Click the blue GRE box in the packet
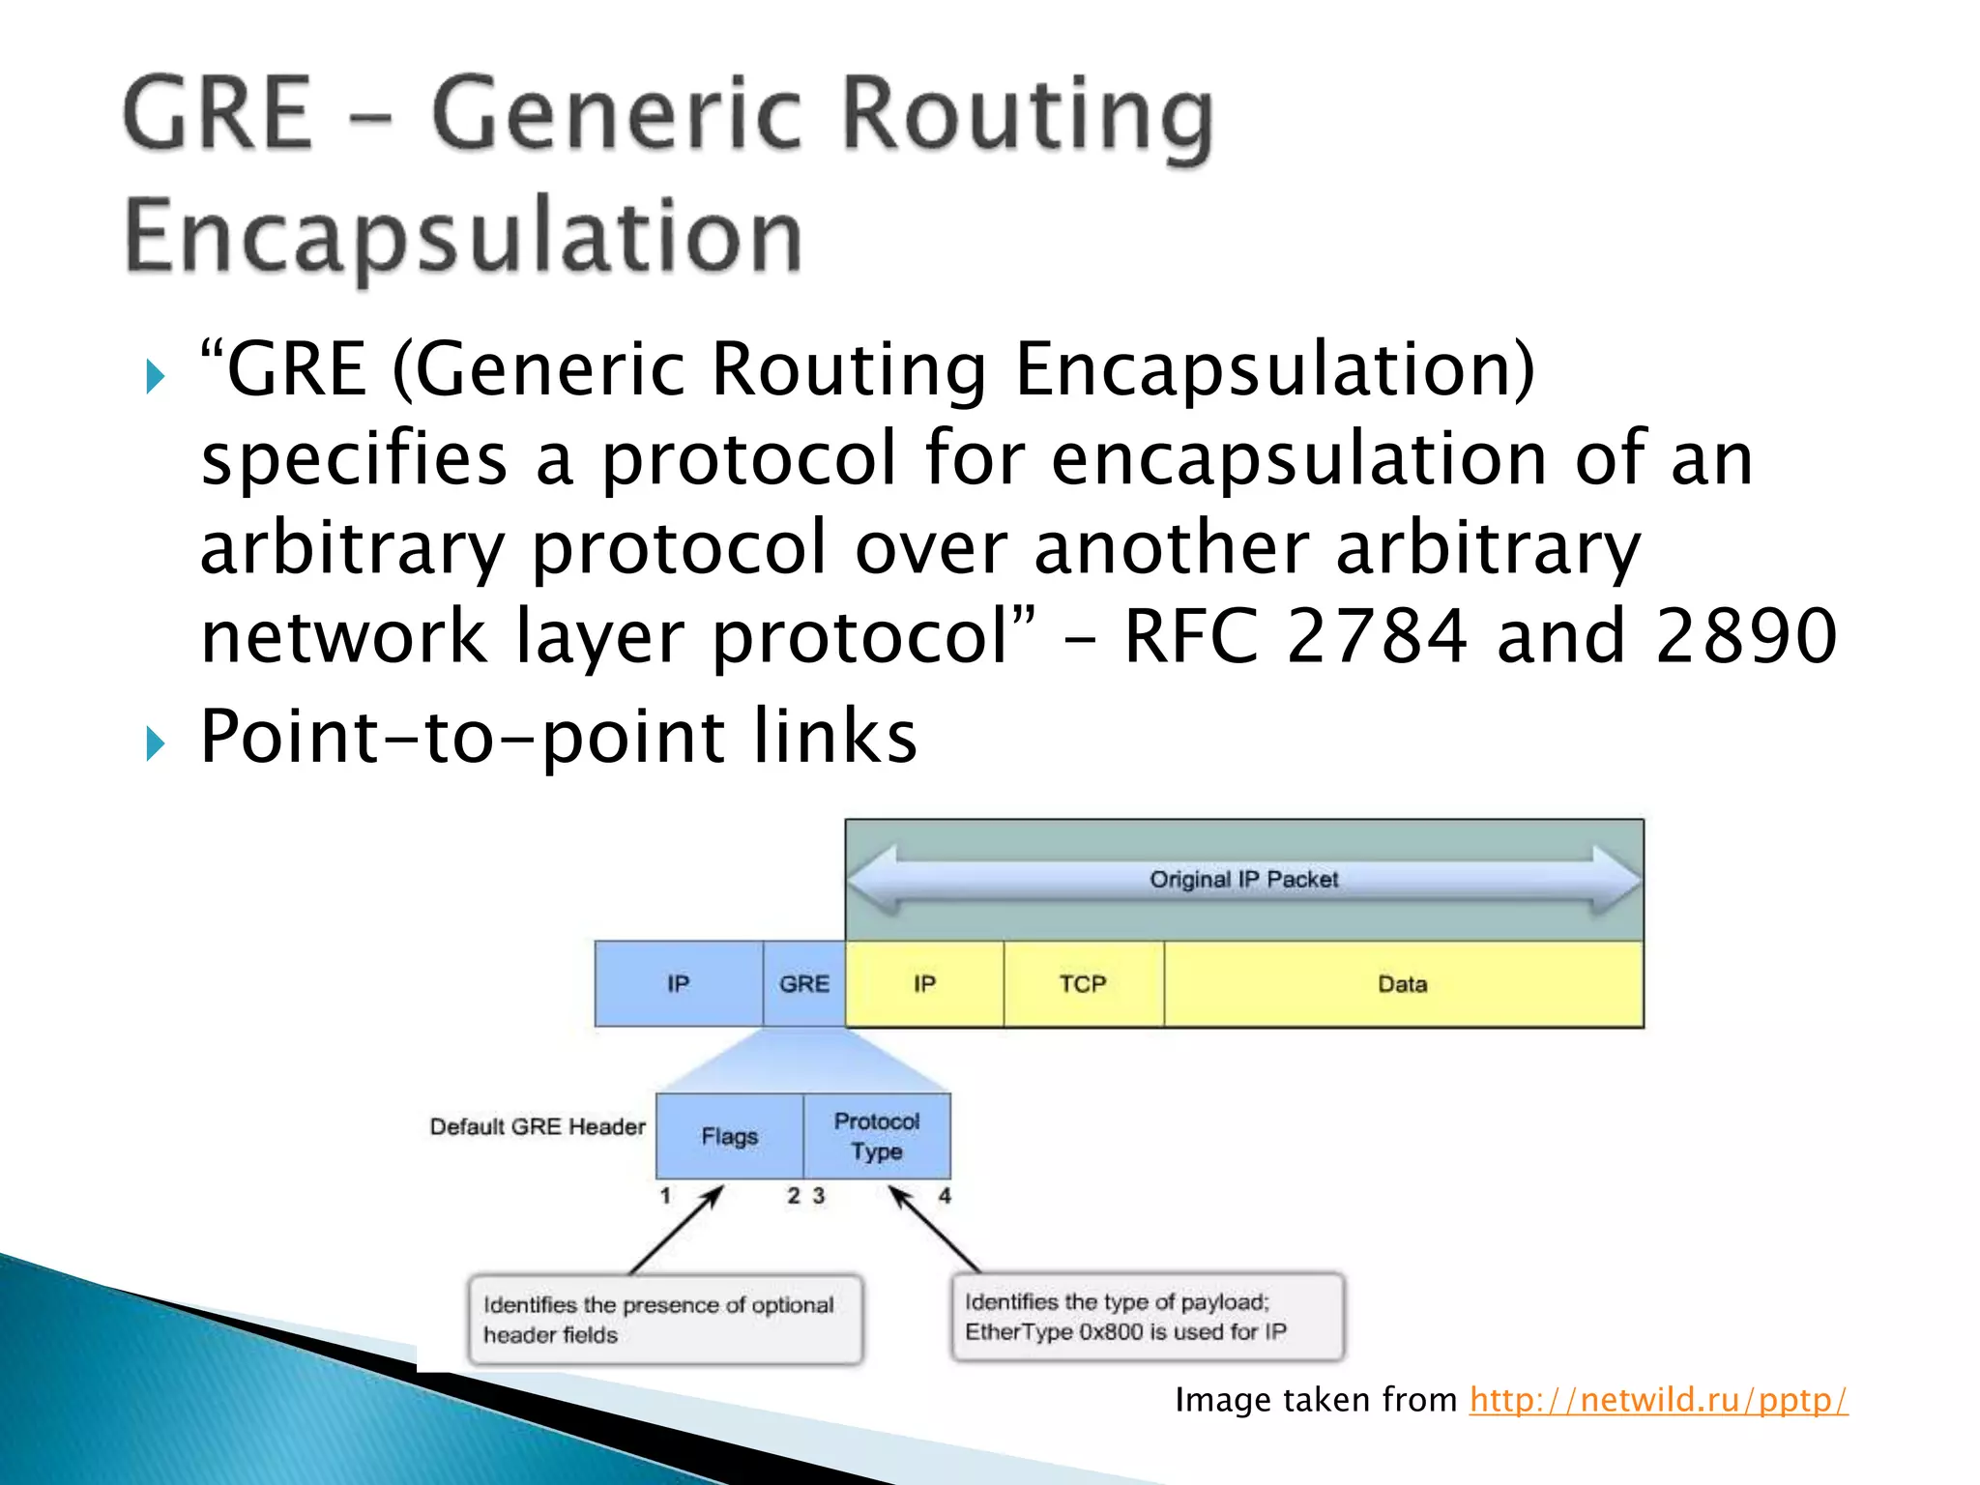(x=803, y=983)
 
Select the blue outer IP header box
(x=678, y=983)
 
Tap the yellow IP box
(x=924, y=983)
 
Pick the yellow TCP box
(x=1083, y=983)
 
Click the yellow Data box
(x=1402, y=983)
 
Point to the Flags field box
(x=729, y=1135)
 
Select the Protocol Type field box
(x=877, y=1135)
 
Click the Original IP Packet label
(x=1243, y=879)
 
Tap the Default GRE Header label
(x=538, y=1126)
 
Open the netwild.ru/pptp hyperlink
(x=1658, y=1399)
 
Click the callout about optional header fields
(x=665, y=1320)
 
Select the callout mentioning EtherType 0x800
(x=1148, y=1317)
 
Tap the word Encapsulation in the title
(x=463, y=235)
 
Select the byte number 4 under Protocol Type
(x=945, y=1196)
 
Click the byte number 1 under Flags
(x=665, y=1196)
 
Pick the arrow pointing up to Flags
(x=677, y=1230)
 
